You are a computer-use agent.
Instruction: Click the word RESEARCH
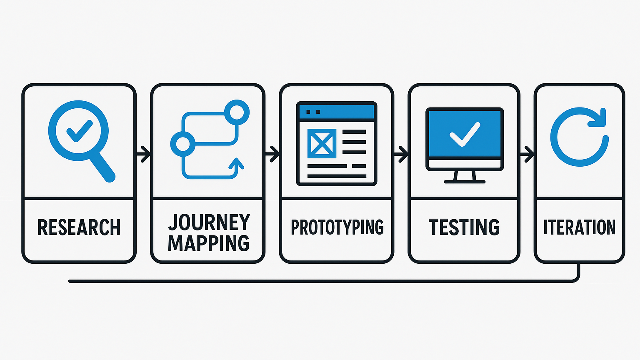pyautogui.click(x=79, y=227)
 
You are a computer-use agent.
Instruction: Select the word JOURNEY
pyautogui.click(x=209, y=222)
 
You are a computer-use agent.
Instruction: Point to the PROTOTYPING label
pyautogui.click(x=337, y=227)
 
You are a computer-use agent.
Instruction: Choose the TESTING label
pyautogui.click(x=464, y=227)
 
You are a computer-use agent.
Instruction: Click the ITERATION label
pyautogui.click(x=579, y=227)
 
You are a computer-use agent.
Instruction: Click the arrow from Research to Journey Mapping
pyautogui.click(x=144, y=154)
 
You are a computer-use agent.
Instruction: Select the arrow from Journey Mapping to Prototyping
pyautogui.click(x=272, y=154)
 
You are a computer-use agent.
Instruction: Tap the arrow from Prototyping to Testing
pyautogui.click(x=401, y=154)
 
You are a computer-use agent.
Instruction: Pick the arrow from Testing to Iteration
pyautogui.click(x=527, y=154)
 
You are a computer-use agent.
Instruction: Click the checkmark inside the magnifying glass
pyautogui.click(x=79, y=130)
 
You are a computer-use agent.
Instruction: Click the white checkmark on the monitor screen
pyautogui.click(x=465, y=134)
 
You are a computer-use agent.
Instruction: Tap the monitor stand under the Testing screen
pyautogui.click(x=465, y=177)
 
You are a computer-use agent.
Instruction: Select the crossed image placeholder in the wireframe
pyautogui.click(x=322, y=143)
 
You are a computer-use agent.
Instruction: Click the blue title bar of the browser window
pyautogui.click(x=337, y=112)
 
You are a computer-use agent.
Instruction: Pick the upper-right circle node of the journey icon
pyautogui.click(x=237, y=112)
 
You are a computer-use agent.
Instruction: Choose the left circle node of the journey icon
pyautogui.click(x=182, y=144)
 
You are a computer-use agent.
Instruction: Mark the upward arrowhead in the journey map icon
pyautogui.click(x=236, y=163)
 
